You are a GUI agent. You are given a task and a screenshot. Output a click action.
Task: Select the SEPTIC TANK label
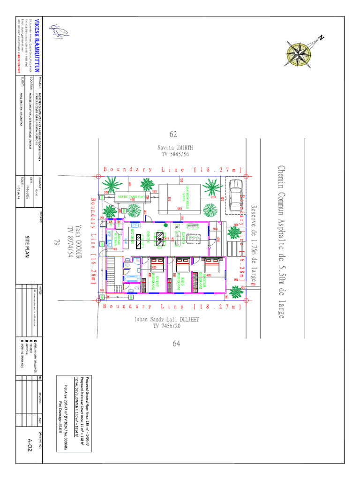pyautogui.click(x=130, y=197)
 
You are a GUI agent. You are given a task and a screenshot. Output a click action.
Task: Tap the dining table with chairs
pyautogui.click(x=160, y=239)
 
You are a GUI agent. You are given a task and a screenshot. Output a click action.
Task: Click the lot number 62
pyautogui.click(x=173, y=135)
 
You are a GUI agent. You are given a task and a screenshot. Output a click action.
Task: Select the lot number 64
pyautogui.click(x=176, y=344)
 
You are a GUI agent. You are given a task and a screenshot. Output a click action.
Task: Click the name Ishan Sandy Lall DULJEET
pyautogui.click(x=173, y=320)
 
